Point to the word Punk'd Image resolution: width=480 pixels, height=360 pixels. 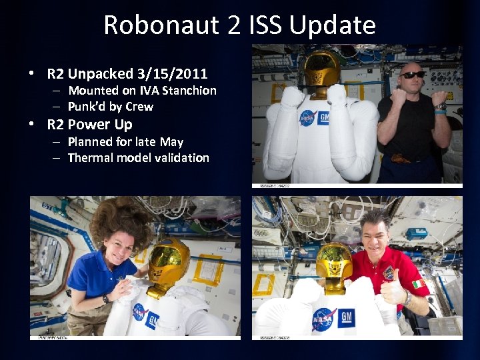coord(87,107)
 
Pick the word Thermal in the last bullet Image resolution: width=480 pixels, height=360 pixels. coord(91,158)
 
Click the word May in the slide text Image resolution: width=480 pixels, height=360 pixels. coord(171,142)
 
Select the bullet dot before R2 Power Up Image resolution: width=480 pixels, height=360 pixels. coord(32,125)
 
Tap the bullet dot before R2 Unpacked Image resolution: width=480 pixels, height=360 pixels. coord(32,73)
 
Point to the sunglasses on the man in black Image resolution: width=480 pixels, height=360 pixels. coord(413,74)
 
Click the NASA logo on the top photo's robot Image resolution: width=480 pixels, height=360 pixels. coord(307,117)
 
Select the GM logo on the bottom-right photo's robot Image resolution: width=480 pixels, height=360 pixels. coord(346,317)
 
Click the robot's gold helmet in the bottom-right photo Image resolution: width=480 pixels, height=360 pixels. coord(335,263)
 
